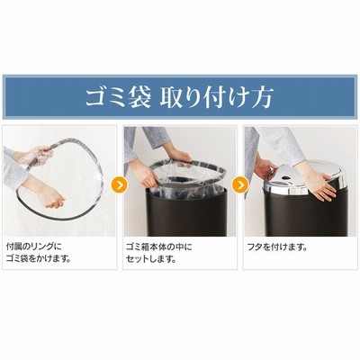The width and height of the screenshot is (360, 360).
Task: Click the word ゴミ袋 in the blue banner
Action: (118, 97)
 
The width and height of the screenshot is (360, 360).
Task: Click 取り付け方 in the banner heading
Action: (216, 97)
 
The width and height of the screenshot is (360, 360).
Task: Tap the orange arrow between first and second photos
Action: (120, 184)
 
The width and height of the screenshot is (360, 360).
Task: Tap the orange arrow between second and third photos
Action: (240, 184)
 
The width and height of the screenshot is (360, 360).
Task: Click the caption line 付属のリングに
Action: (33, 247)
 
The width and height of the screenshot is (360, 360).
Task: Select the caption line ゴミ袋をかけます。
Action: (39, 259)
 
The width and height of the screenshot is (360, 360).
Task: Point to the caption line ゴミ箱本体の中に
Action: (159, 247)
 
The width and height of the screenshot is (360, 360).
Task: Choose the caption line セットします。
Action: (151, 259)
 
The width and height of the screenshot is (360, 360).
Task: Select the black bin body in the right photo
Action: (305, 213)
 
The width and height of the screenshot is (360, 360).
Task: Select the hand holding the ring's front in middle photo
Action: (148, 177)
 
